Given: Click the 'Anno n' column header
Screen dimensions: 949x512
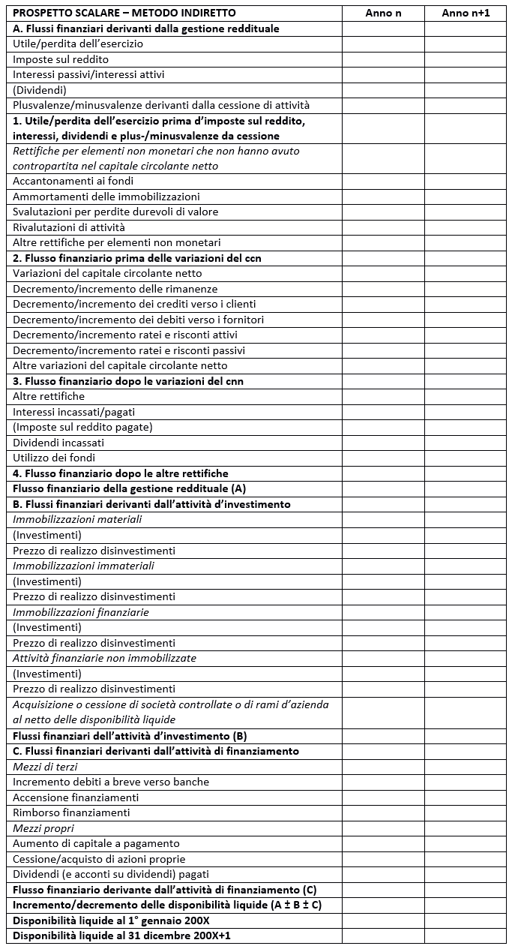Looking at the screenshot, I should [383, 14].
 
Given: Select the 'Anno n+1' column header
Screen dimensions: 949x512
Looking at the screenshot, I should [466, 14].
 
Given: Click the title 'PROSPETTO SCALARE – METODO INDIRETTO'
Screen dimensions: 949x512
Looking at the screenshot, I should [124, 14].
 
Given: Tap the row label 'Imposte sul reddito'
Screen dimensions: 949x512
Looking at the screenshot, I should [61, 59].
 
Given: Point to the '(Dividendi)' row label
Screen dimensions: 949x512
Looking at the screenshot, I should [40, 90].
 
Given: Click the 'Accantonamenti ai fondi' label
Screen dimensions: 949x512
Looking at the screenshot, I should [73, 182].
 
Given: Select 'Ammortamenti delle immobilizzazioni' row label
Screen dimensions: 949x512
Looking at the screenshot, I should [106, 197].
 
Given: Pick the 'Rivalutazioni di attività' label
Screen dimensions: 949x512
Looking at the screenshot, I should [69, 227].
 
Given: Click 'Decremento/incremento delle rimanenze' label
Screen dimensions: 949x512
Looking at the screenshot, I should [115, 289].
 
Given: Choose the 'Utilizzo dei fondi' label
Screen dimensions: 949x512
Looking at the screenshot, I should [54, 458].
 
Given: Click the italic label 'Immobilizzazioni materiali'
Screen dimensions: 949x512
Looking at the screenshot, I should [77, 519].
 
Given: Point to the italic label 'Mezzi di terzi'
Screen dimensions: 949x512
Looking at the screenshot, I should [45, 767].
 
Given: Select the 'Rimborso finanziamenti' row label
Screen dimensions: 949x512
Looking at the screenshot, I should [71, 812].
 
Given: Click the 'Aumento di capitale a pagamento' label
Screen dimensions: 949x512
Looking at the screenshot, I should [96, 843].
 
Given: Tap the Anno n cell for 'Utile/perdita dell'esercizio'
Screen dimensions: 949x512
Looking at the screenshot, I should [383, 44].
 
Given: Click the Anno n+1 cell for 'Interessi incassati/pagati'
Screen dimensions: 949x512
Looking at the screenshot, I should [466, 412].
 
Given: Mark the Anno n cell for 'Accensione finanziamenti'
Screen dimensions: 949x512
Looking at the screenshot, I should [383, 797].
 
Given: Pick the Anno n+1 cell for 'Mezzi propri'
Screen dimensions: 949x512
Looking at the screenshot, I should [466, 828].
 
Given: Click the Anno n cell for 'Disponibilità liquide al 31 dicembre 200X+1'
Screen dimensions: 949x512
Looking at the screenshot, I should [383, 935].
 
